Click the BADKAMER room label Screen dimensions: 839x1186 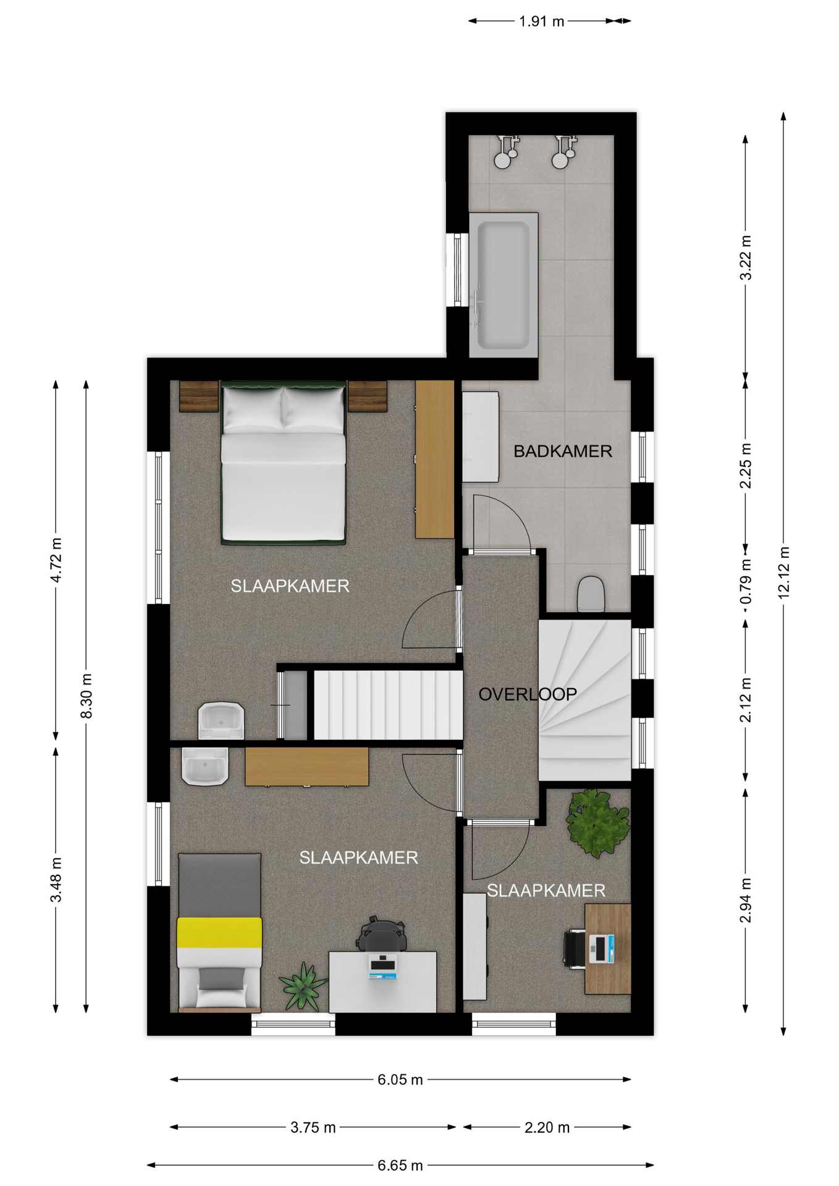(x=562, y=451)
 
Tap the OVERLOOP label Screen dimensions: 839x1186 (x=528, y=694)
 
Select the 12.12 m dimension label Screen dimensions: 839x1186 (x=783, y=573)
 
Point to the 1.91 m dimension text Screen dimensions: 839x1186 (x=541, y=22)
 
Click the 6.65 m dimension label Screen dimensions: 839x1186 (x=400, y=1166)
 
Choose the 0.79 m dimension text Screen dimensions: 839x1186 (x=746, y=581)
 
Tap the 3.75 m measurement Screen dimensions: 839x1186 (x=313, y=1127)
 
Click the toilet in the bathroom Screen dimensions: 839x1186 (x=591, y=594)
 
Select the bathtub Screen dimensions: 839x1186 (x=504, y=285)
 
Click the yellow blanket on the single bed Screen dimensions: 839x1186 (x=219, y=933)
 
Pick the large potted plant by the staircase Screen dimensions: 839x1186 (x=597, y=823)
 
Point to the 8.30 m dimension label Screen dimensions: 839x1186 (x=86, y=696)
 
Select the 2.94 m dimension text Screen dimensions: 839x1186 (x=746, y=901)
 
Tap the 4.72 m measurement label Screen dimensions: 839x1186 (x=56, y=560)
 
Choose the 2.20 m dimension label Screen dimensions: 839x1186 (x=547, y=1127)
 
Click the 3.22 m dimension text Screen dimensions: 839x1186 (x=746, y=258)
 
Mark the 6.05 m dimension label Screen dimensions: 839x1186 (x=400, y=1080)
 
